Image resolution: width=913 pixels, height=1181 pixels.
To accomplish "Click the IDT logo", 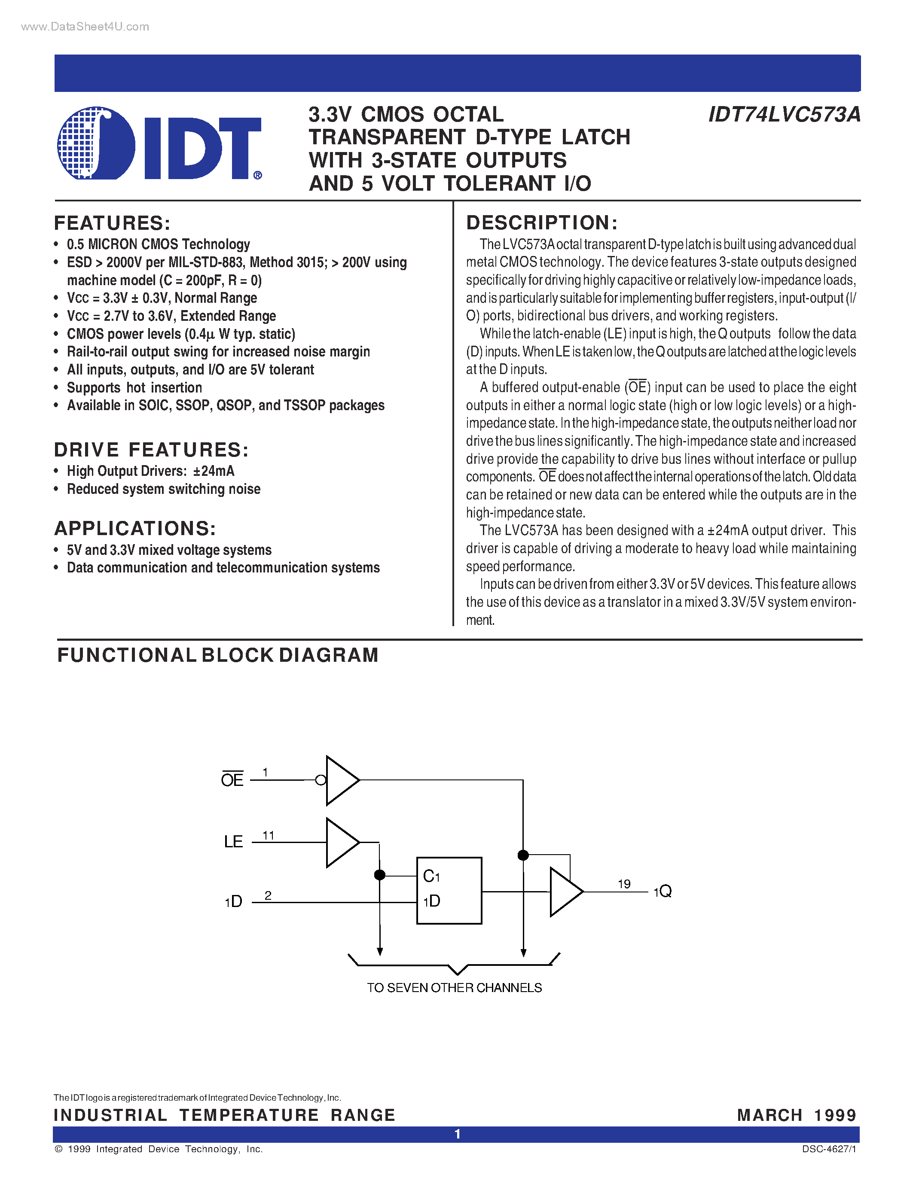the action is [159, 143].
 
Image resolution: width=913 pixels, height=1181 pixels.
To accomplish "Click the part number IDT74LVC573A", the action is [784, 115].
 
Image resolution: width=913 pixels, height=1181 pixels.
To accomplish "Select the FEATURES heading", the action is [113, 223].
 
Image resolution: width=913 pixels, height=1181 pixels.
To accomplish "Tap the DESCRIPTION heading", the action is [542, 223].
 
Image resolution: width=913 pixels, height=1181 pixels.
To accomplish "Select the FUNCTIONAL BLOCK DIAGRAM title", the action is [218, 655].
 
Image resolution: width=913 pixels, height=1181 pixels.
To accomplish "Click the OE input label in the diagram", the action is [232, 780].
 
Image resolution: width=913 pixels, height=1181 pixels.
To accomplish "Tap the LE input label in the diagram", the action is [233, 841].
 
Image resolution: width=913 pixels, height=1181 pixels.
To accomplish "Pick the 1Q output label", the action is [663, 891].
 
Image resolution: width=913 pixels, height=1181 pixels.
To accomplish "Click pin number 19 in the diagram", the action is [624, 883].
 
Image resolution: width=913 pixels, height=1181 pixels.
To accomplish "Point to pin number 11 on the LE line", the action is [268, 835].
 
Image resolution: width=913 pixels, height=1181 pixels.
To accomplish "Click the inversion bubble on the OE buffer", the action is [321, 780].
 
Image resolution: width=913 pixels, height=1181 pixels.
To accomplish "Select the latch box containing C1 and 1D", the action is [449, 890].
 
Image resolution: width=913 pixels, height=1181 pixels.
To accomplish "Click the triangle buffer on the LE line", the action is [341, 843].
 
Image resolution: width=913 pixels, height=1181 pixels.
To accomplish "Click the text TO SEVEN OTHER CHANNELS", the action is [454, 988].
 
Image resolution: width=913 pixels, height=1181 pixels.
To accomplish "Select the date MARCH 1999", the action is [797, 1115].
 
